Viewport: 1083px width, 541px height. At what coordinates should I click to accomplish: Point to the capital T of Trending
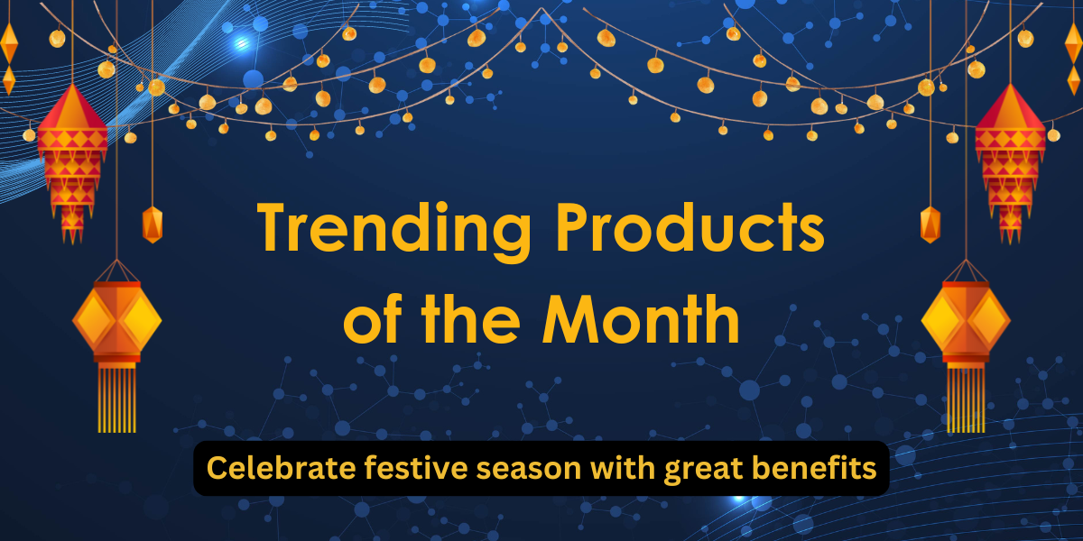point(274,226)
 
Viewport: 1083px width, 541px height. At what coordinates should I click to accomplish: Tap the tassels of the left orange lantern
point(116,397)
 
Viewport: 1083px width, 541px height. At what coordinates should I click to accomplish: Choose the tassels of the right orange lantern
point(965,397)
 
